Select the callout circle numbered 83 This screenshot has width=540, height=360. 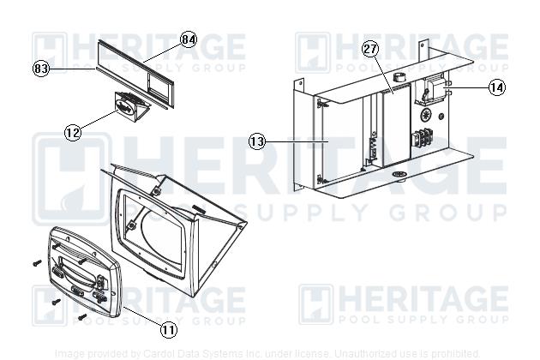[40, 69]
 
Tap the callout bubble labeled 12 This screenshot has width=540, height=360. [72, 132]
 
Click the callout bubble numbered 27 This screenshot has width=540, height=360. [370, 49]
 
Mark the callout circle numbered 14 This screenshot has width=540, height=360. [497, 87]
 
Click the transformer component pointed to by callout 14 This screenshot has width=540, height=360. [433, 93]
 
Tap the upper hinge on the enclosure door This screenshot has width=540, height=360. [320, 103]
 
